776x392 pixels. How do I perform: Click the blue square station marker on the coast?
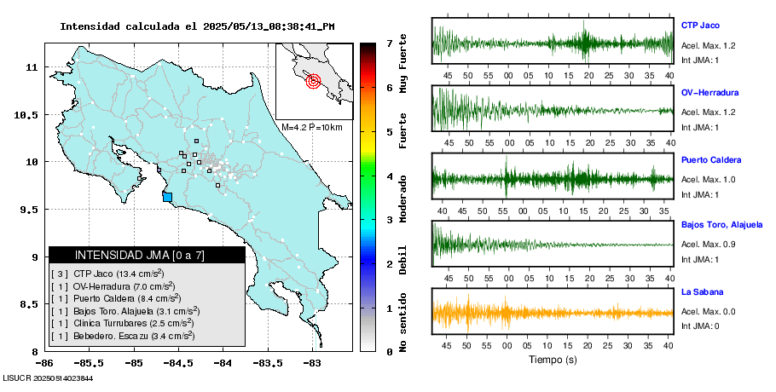(167, 197)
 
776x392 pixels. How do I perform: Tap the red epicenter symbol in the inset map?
(312, 82)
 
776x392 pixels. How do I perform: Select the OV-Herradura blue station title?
(709, 92)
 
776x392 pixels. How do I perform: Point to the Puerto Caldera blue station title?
(711, 159)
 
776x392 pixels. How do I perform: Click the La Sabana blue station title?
(702, 292)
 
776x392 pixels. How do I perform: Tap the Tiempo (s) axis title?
(553, 360)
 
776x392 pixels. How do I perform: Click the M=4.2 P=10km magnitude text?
(312, 127)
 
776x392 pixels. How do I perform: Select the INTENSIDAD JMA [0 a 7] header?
(147, 255)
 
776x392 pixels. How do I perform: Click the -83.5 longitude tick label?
(268, 363)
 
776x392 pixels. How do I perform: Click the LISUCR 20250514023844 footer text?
(48, 378)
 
